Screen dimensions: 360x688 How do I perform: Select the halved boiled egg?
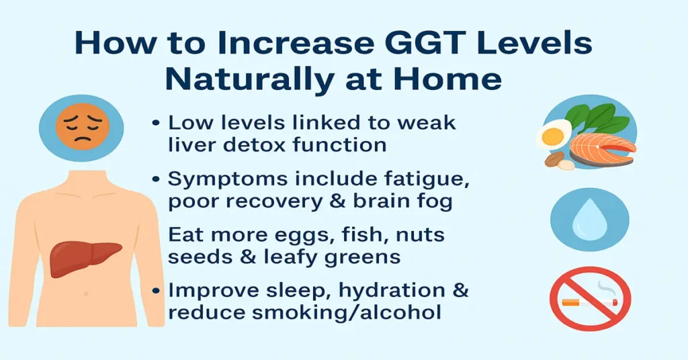553,134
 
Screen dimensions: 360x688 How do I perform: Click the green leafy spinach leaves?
601,118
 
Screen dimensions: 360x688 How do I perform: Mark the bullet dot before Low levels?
156,124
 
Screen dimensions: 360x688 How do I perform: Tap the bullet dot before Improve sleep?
156,291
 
